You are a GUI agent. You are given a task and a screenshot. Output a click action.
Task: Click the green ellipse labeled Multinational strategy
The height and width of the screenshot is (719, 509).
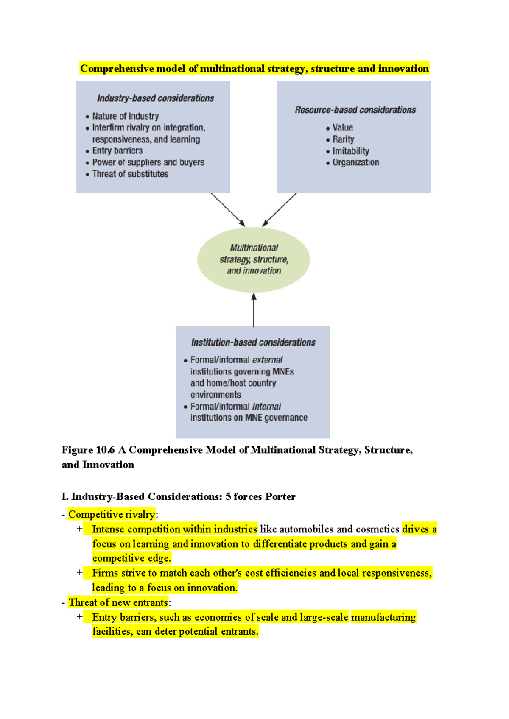tap(254, 259)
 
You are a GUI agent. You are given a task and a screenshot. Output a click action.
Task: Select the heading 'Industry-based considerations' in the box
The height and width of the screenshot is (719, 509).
tap(155, 98)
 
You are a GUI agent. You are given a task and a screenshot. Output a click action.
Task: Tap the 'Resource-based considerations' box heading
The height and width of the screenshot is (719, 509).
tap(355, 110)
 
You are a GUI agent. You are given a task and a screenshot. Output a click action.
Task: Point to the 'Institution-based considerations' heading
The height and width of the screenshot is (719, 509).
tap(253, 343)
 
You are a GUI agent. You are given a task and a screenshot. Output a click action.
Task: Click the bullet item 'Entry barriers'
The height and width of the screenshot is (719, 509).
tap(117, 151)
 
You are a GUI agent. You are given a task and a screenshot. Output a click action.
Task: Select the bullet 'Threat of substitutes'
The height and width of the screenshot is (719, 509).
tap(130, 174)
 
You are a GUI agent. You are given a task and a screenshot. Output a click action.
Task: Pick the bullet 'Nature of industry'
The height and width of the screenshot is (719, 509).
tap(126, 116)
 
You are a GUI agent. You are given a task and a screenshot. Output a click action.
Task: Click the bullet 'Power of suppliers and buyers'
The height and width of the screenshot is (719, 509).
tap(148, 162)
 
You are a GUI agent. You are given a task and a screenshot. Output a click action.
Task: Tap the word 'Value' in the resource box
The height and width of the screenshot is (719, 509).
tap(343, 128)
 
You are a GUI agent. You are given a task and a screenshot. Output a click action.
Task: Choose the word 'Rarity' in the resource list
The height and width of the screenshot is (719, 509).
tap(343, 139)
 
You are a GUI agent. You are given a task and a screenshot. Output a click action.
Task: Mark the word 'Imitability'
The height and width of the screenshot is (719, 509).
tap(351, 151)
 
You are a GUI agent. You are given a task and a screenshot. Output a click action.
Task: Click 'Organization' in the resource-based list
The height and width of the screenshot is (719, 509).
tap(355, 162)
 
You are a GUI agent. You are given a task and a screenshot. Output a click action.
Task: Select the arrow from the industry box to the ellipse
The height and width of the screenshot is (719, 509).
tap(228, 210)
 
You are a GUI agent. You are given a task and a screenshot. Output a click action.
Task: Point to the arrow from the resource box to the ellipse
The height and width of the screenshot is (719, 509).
tap(279, 210)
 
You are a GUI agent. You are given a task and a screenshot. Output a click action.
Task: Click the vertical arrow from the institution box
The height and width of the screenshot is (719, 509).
tap(254, 309)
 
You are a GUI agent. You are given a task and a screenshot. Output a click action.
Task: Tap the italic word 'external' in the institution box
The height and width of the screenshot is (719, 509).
tap(267, 360)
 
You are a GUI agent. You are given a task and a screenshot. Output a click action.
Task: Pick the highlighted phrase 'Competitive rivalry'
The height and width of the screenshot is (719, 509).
tap(112, 515)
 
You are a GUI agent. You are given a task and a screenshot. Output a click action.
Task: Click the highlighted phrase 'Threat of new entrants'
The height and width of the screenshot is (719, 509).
tap(118, 602)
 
